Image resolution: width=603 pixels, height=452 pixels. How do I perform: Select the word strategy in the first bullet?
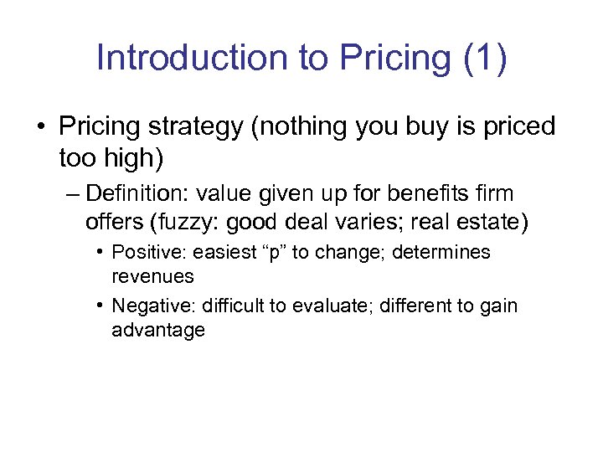pyautogui.click(x=205, y=127)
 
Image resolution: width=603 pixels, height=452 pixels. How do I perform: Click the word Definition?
pyautogui.click(x=139, y=194)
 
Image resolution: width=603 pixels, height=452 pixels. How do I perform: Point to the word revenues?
pyautogui.click(x=152, y=276)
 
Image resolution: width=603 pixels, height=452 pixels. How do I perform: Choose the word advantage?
pyautogui.click(x=158, y=330)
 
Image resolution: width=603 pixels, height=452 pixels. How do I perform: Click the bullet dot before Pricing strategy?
pyautogui.click(x=41, y=128)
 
